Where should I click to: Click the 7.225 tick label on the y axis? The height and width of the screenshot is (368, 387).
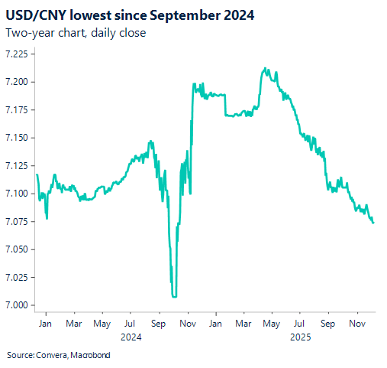click(x=17, y=54)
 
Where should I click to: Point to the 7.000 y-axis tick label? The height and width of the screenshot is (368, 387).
click(x=17, y=305)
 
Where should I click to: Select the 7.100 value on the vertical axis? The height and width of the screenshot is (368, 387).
click(x=17, y=194)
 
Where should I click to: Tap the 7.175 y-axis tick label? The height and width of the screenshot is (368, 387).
click(x=17, y=110)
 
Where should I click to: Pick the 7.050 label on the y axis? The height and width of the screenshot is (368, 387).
click(x=17, y=249)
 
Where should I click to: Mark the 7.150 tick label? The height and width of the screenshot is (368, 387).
click(x=17, y=138)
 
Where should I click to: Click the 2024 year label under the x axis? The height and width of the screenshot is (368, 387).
click(x=131, y=336)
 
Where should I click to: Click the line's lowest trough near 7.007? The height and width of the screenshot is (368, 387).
click(x=175, y=296)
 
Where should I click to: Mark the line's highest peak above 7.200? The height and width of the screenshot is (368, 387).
click(x=263, y=68)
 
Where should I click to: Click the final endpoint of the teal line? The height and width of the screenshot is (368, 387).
click(x=373, y=223)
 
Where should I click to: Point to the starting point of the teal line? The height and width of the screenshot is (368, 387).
click(x=37, y=175)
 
